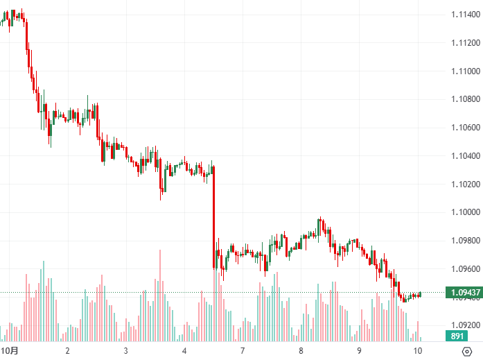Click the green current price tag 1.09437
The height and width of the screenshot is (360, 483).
(x=463, y=292)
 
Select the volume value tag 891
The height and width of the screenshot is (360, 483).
(x=457, y=336)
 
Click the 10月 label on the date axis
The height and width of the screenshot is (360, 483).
(x=8, y=351)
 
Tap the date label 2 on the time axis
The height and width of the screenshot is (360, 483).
(x=67, y=351)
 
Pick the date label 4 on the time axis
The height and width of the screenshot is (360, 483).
(x=185, y=351)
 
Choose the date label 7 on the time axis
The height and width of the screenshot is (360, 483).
(x=243, y=351)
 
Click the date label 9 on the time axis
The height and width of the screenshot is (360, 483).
(x=359, y=351)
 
